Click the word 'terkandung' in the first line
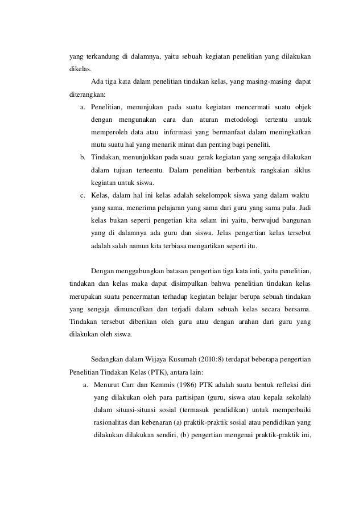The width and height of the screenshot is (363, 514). [97, 56]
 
